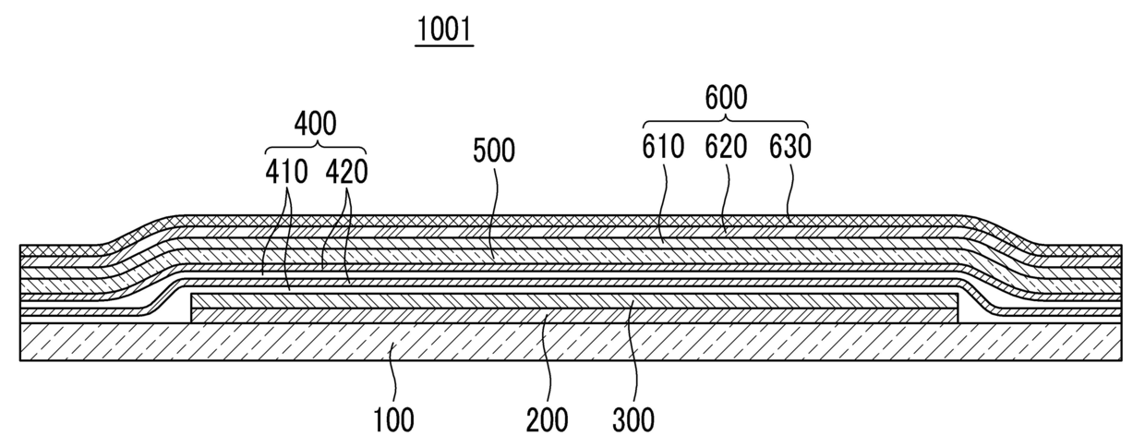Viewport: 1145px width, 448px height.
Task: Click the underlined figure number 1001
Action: [x=444, y=30]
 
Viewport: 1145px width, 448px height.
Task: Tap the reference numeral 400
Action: [x=316, y=124]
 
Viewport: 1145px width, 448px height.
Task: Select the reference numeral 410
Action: [x=286, y=172]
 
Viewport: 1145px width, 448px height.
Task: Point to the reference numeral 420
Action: [x=347, y=172]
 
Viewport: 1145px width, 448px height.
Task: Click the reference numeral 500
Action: [x=494, y=151]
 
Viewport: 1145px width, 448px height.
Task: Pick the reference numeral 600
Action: [x=726, y=97]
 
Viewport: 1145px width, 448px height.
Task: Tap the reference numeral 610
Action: [x=663, y=146]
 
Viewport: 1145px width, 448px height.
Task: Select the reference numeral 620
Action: [x=726, y=146]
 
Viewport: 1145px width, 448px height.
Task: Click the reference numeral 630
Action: [x=790, y=146]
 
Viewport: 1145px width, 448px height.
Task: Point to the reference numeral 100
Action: [x=393, y=420]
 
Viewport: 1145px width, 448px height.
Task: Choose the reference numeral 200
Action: [x=548, y=420]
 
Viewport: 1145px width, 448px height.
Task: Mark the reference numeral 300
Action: [x=633, y=420]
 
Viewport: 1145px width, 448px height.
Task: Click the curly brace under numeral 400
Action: [x=316, y=147]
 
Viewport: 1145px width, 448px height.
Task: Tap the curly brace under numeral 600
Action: [x=726, y=121]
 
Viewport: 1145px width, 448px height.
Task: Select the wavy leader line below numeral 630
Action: [x=790, y=192]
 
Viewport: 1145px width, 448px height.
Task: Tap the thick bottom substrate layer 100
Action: [x=571, y=342]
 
